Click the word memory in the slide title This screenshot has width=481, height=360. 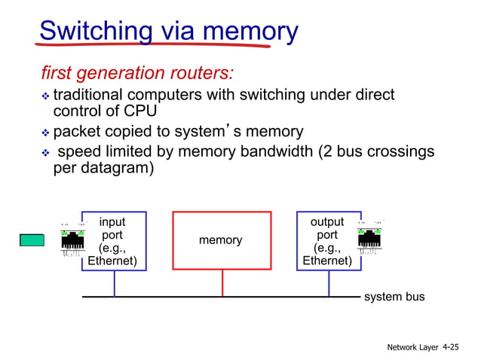tap(245, 31)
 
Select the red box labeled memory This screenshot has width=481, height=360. tap(222, 240)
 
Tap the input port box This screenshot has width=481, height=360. tap(113, 241)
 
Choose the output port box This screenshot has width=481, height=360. tap(328, 241)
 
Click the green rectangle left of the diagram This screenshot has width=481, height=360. tap(32, 240)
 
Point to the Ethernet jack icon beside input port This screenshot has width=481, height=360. tap(73, 239)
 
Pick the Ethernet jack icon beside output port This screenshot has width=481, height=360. tap(369, 239)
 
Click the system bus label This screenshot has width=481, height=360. tap(394, 297)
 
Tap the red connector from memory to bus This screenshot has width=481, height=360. tap(222, 283)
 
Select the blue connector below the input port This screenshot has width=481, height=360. tap(115, 283)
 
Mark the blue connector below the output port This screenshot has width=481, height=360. tap(329, 283)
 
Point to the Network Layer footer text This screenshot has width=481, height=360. tap(413, 347)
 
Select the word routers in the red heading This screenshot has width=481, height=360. tap(198, 74)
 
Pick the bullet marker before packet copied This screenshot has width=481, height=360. tap(44, 133)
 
